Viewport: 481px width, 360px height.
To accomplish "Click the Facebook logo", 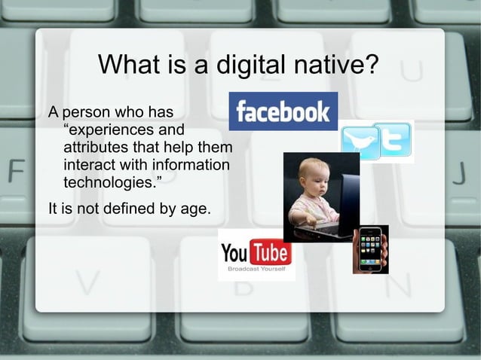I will coord(283,111).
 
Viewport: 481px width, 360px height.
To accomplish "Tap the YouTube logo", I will coord(256,250).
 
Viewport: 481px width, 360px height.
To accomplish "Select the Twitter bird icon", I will coord(360,142).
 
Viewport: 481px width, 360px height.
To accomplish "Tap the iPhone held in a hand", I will coord(369,249).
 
